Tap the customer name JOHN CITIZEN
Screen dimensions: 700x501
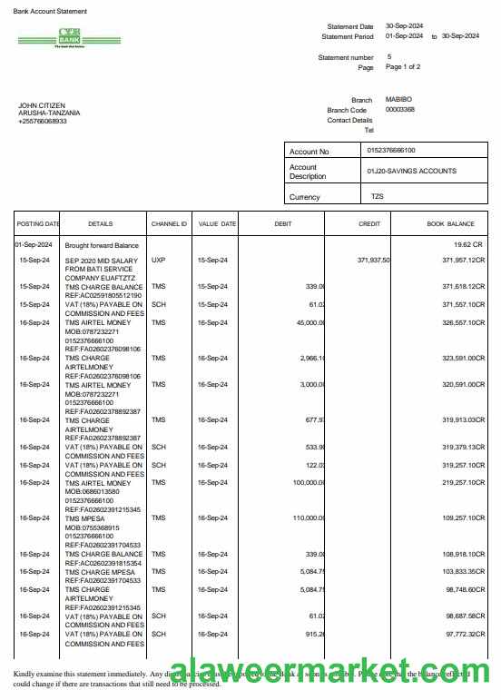[x=42, y=105]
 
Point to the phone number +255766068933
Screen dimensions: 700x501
[x=43, y=121]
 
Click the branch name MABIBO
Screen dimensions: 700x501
[x=398, y=99]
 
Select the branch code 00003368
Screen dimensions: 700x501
[x=400, y=109]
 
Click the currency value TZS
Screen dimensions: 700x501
[x=377, y=196]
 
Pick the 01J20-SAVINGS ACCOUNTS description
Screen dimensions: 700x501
[x=411, y=171]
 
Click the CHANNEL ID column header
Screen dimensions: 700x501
[x=169, y=223]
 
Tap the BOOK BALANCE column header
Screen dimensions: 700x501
[x=450, y=223]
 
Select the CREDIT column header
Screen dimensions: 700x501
[x=369, y=223]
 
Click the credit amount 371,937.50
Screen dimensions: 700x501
[x=373, y=260]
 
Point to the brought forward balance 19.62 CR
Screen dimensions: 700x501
[x=469, y=245]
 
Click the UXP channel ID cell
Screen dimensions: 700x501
[x=159, y=260]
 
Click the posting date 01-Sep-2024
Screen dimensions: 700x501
[x=34, y=245]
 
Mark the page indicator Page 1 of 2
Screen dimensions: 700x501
[x=403, y=67]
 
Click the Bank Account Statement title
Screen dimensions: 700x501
[x=51, y=12]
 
